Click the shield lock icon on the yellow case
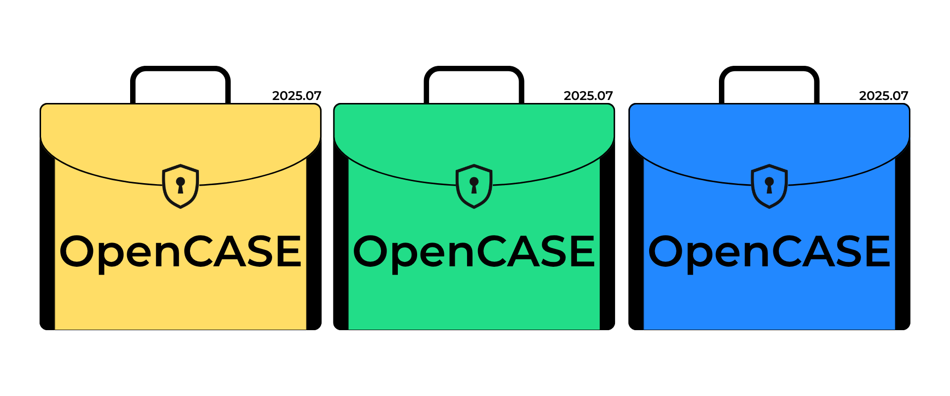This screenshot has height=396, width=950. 181,186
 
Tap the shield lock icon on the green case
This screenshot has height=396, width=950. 474,186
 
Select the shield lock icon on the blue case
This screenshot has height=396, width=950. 769,186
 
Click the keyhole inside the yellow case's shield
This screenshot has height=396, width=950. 181,185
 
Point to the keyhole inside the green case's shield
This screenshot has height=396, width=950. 474,185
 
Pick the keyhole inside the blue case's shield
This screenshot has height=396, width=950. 769,185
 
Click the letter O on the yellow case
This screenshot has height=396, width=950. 77,251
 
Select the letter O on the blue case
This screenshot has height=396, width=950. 666,251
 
